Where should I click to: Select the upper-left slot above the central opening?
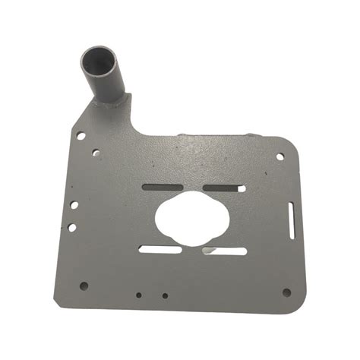coord(161,185)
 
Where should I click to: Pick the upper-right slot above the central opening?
coord(222,188)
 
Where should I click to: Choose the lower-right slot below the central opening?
coord(225,251)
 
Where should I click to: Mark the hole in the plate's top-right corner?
coord(279,156)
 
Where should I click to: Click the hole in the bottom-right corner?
coord(286,292)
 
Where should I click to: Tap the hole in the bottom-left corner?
coord(84,286)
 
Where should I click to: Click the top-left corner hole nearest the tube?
coord(80,136)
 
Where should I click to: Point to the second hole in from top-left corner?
coord(96,152)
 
